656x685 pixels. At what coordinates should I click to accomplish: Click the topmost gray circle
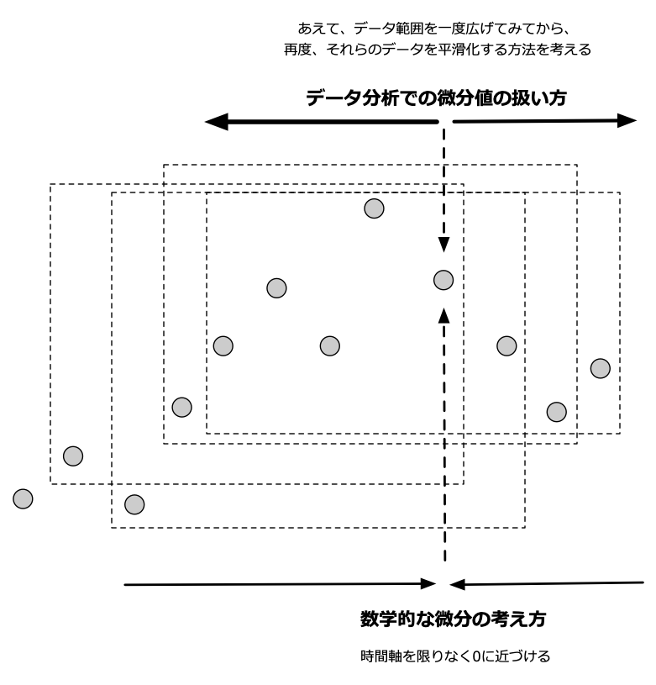coord(374,208)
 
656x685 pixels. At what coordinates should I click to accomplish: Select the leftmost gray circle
coord(23,498)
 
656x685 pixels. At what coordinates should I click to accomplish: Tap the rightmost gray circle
coord(600,367)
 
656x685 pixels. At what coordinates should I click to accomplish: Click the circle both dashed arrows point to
coord(443,279)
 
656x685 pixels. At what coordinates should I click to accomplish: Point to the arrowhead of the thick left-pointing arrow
coord(217,122)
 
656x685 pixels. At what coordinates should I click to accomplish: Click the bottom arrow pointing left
coord(546,582)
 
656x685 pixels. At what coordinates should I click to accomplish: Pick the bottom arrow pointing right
coord(277,583)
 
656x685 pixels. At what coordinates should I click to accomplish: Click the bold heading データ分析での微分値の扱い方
coord(437,98)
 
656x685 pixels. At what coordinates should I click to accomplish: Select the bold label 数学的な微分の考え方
coord(453,620)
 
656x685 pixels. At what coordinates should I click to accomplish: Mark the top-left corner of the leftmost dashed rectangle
coord(50,184)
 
